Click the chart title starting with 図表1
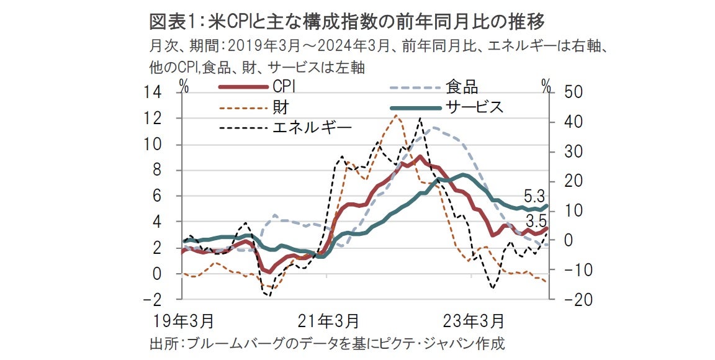pos(347,23)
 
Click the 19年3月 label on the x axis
pos(184,321)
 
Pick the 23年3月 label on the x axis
pos(475,321)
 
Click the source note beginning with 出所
pos(328,343)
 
